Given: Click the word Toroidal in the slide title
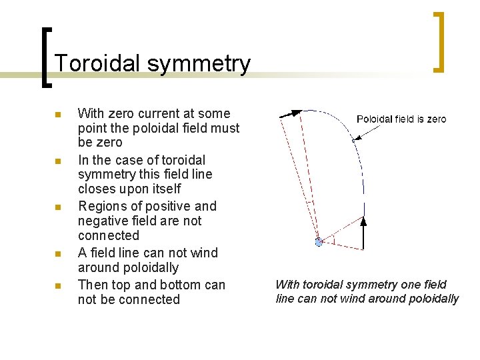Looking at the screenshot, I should click(x=97, y=63).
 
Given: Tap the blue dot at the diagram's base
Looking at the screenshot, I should click(x=319, y=242).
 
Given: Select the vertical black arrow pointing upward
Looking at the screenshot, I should click(x=363, y=233).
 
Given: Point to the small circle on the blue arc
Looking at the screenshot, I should click(x=354, y=140).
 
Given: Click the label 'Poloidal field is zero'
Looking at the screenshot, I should click(x=401, y=119).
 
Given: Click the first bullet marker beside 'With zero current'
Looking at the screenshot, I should click(x=58, y=115).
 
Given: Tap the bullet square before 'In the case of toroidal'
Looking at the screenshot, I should click(x=58, y=161).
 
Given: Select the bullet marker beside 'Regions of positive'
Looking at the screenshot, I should click(x=58, y=207).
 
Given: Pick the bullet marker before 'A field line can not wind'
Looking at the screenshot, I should click(x=58, y=254).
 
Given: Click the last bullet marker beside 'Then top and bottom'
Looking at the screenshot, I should click(x=58, y=286).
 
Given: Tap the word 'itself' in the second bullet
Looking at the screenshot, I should click(x=164, y=189).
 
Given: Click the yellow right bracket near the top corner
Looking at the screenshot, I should click(x=439, y=41).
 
